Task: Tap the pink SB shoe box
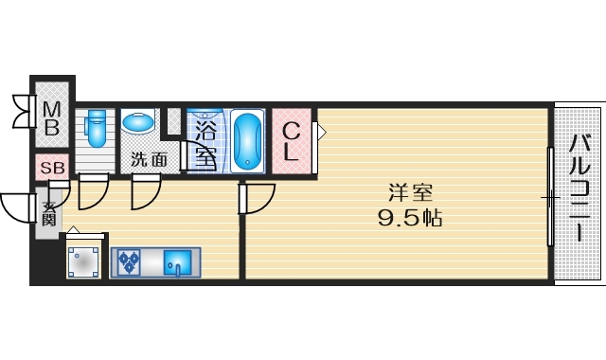pyautogui.click(x=52, y=168)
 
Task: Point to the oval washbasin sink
pyautogui.click(x=139, y=122)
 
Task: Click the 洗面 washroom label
pyautogui.click(x=149, y=160)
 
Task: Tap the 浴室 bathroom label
pyautogui.click(x=205, y=137)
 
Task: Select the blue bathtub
pyautogui.click(x=247, y=140)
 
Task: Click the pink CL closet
pyautogui.click(x=293, y=141)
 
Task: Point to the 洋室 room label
pyautogui.click(x=409, y=192)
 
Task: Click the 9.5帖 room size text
pyautogui.click(x=409, y=218)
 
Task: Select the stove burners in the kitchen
pyautogui.click(x=128, y=261)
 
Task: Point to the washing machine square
pyautogui.click(x=83, y=261)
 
